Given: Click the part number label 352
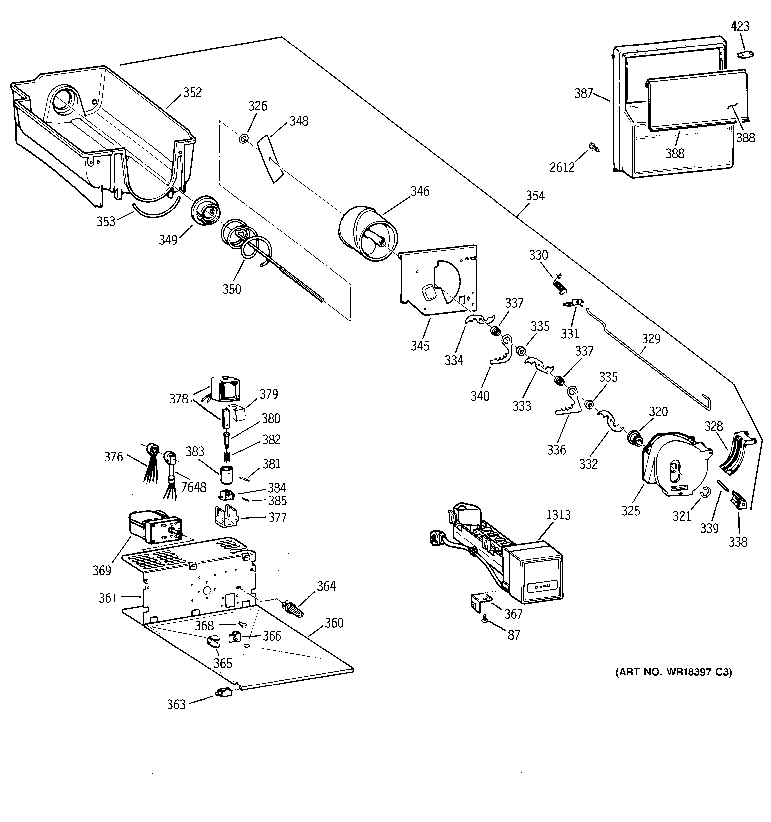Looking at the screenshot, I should [192, 92].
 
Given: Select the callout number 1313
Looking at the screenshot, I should [558, 515].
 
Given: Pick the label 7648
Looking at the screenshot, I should [194, 487].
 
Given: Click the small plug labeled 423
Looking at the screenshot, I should [745, 54].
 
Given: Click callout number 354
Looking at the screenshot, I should [535, 196].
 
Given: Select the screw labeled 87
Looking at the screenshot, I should [484, 631].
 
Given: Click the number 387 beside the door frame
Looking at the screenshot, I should [584, 93].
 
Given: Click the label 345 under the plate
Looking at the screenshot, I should [420, 346].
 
